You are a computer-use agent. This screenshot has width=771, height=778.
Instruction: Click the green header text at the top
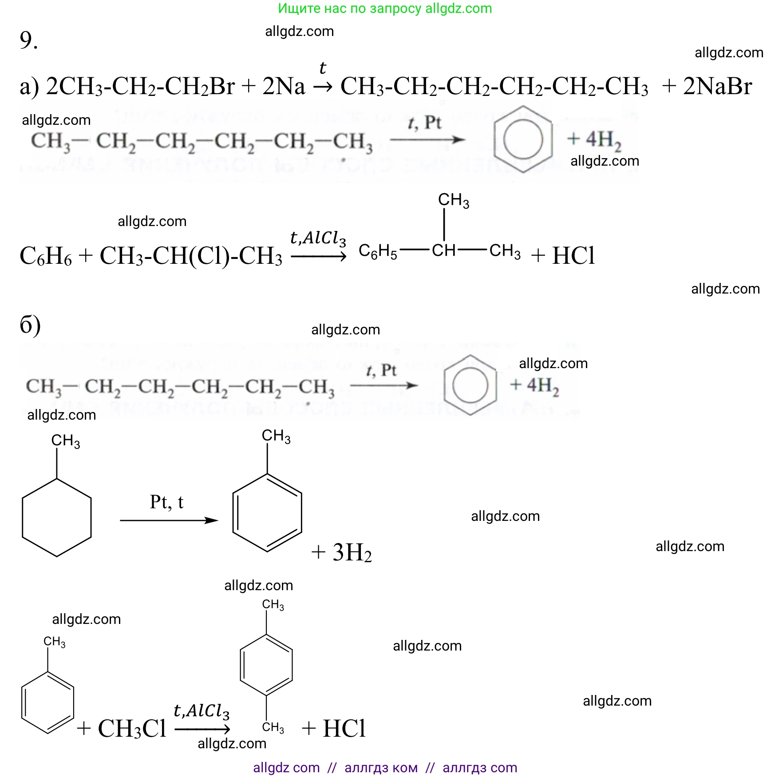(385, 8)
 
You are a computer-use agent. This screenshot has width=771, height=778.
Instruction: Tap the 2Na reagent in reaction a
(284, 86)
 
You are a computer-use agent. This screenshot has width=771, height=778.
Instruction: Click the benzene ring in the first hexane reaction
(523, 139)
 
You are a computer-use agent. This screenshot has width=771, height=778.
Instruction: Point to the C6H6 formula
(46, 256)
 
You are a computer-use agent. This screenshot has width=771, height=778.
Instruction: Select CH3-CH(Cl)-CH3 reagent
(191, 256)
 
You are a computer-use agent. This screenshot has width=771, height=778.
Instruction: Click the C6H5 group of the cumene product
(378, 252)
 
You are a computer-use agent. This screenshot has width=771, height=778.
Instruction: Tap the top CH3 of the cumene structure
(453, 200)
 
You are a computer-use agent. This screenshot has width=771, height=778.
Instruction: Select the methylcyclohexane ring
(57, 517)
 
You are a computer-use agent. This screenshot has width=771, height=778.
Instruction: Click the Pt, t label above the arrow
(166, 502)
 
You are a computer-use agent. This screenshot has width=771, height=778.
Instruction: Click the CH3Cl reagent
(132, 728)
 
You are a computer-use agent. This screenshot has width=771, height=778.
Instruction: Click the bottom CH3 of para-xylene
(273, 727)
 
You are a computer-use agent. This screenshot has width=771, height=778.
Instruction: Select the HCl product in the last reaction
(344, 728)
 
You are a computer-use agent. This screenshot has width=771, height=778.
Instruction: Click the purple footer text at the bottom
(385, 767)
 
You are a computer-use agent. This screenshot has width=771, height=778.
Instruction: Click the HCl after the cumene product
(573, 255)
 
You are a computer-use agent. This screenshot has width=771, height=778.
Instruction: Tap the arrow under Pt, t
(169, 520)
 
